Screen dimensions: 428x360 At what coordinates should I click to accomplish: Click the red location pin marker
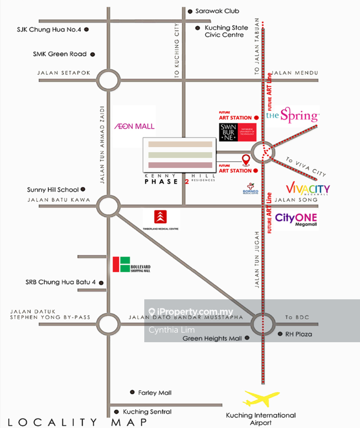tap(246, 160)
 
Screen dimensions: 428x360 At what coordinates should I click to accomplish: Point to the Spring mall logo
tap(292, 115)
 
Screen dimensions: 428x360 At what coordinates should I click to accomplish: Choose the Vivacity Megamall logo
tap(308, 189)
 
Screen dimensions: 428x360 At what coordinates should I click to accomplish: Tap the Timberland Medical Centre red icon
tap(161, 217)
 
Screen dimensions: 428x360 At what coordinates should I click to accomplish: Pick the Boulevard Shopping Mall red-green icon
tap(121, 265)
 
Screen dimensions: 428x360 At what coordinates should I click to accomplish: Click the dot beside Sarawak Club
tap(190, 11)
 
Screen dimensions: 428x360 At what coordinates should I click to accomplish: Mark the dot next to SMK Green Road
tap(92, 54)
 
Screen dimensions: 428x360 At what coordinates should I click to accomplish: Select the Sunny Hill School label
tap(53, 190)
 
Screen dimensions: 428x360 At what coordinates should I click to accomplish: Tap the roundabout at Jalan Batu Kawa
tap(109, 206)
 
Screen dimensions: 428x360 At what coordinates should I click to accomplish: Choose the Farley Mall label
tap(155, 393)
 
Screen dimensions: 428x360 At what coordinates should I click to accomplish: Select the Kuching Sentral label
tap(147, 412)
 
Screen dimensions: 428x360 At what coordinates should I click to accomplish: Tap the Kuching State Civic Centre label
tap(224, 31)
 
